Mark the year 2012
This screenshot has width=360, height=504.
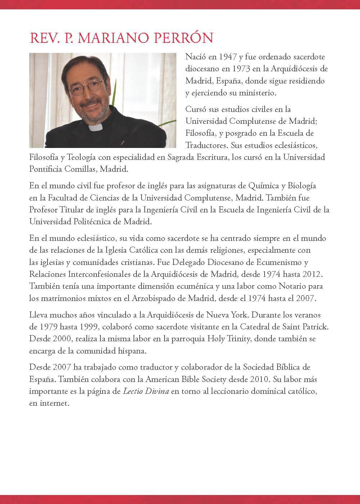coord(311,274)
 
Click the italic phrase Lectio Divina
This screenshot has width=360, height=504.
coord(146,391)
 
